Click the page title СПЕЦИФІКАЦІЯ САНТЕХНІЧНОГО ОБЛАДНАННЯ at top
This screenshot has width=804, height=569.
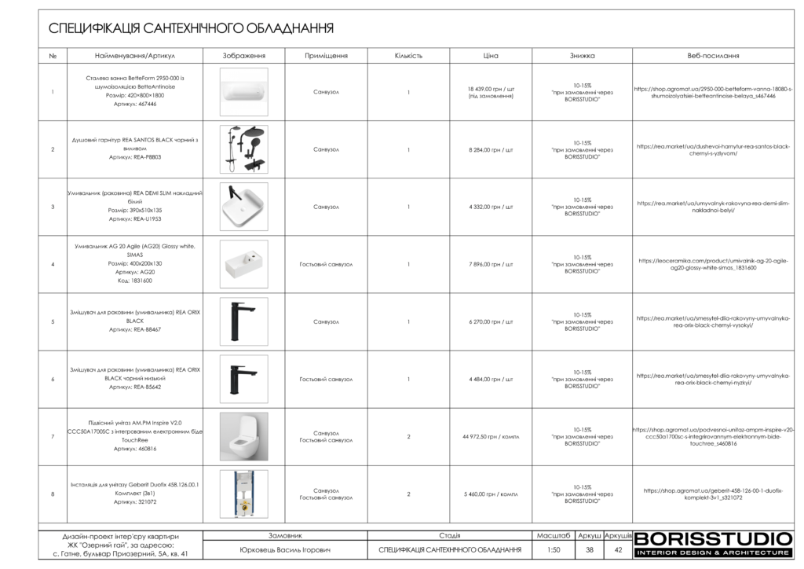pyautogui.click(x=191, y=29)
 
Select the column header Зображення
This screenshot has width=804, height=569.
pyautogui.click(x=244, y=57)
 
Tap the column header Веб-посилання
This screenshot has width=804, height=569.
pyautogui.click(x=713, y=57)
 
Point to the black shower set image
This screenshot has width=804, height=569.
pyautogui.click(x=244, y=149)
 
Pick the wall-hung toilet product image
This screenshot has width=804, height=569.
pyautogui.click(x=244, y=436)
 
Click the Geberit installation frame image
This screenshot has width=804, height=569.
pyautogui.click(x=244, y=494)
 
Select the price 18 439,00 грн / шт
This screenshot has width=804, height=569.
pyautogui.click(x=491, y=89)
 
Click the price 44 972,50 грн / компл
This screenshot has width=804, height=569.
pyautogui.click(x=491, y=437)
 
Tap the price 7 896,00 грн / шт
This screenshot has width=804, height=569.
pyautogui.click(x=491, y=264)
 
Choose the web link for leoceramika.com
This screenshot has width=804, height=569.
pyautogui.click(x=713, y=264)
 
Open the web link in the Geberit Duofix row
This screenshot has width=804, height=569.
pyautogui.click(x=713, y=494)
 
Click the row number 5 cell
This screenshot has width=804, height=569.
pyautogui.click(x=53, y=321)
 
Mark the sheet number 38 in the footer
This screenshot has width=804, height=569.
pyautogui.click(x=589, y=549)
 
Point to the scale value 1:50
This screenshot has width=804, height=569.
pyautogui.click(x=554, y=549)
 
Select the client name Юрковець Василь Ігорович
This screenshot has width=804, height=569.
pyautogui.click(x=285, y=549)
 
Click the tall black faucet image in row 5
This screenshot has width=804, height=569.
pyautogui.click(x=244, y=321)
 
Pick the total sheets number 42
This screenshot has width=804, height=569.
pyautogui.click(x=618, y=549)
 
